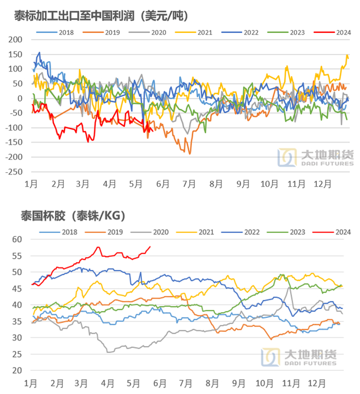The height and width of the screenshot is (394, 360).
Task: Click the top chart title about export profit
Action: pos(97,16)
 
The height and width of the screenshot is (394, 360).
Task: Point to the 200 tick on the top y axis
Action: pos(17,40)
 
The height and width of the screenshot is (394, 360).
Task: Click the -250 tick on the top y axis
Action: pos(15,172)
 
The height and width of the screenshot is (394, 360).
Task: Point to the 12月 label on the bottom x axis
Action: pos(317,384)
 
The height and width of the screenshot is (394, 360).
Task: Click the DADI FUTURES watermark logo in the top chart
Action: pos(315,157)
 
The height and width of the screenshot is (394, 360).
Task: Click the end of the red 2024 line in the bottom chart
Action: pos(150,247)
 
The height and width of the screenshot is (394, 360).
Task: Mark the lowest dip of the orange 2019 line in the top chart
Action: pos(190,153)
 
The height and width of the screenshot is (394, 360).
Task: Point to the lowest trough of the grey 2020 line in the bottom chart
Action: pos(109,352)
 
